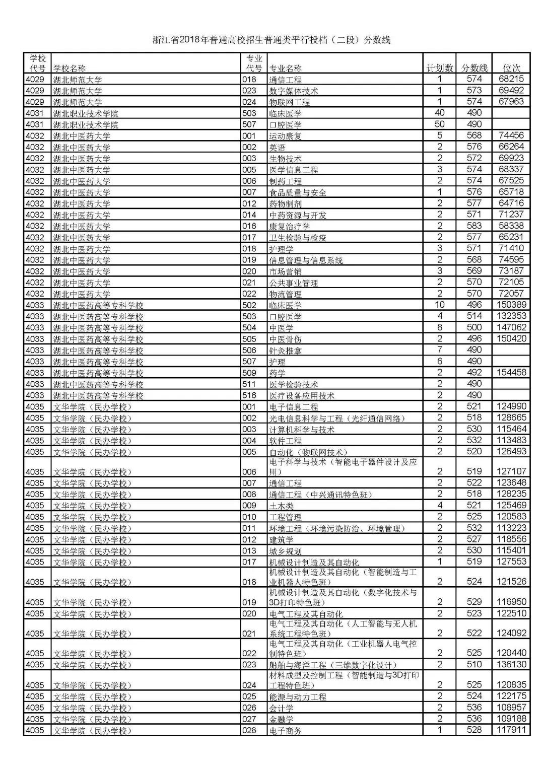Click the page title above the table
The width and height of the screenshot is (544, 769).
click(x=271, y=40)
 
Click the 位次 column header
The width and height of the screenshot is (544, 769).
click(x=511, y=68)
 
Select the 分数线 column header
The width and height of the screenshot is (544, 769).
click(x=474, y=68)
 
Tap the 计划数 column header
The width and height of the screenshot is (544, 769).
click(x=439, y=68)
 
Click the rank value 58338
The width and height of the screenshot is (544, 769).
click(x=511, y=226)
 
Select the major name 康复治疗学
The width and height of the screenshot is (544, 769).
click(x=290, y=227)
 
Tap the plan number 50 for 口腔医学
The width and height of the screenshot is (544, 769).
click(x=439, y=124)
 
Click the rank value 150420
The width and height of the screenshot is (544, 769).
click(x=511, y=338)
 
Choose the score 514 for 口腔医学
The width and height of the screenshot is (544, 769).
click(x=474, y=316)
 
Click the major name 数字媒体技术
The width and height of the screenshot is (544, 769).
click(x=294, y=91)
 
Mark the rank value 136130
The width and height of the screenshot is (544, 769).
click(x=511, y=664)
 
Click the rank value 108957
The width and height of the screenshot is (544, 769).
click(x=511, y=708)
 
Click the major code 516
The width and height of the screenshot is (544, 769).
click(x=249, y=395)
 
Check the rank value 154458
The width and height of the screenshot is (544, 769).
click(x=511, y=372)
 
